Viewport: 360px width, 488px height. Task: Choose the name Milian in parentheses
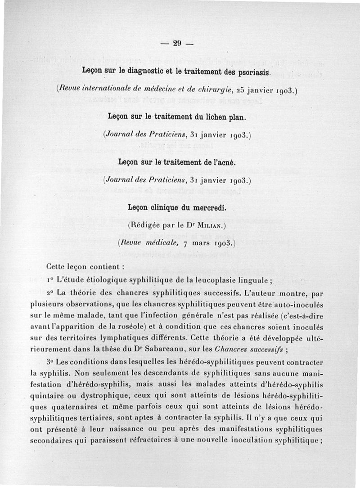[x=211, y=225]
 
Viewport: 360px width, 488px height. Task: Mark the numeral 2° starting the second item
[x=50, y=293]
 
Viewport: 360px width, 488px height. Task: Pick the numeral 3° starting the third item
[x=50, y=363]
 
